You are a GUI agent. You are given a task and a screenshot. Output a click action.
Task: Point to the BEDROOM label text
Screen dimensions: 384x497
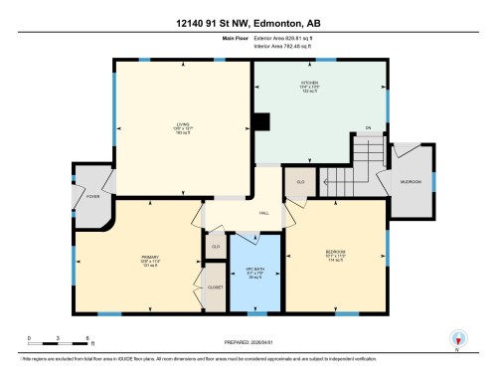(x=335, y=252)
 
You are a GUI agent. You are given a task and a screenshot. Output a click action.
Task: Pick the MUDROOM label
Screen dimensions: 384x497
(x=412, y=182)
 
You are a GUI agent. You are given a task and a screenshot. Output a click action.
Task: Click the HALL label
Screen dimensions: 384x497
(x=264, y=214)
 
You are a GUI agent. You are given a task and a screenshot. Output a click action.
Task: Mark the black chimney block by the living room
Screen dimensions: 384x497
(x=259, y=122)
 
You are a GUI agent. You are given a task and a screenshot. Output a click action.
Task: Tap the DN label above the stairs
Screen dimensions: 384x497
(x=367, y=128)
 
